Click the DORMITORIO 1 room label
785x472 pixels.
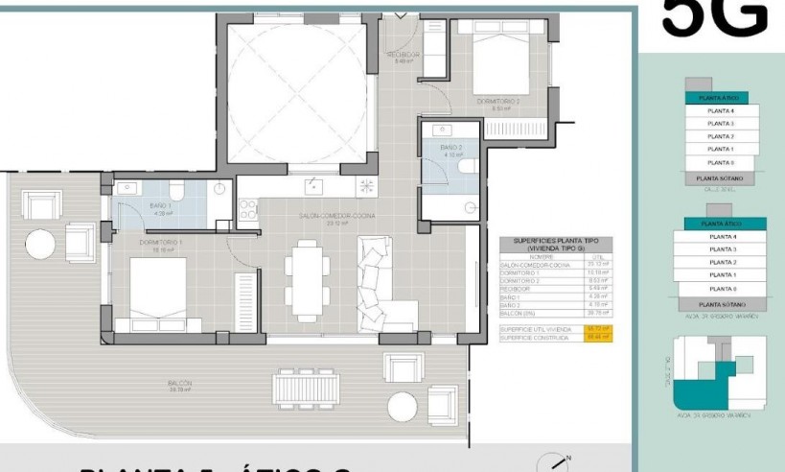[x=161, y=242]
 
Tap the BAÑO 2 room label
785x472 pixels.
[x=451, y=148]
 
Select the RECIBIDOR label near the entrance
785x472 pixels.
[x=404, y=56]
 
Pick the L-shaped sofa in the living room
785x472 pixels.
[x=382, y=284]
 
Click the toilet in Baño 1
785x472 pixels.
[x=179, y=188]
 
